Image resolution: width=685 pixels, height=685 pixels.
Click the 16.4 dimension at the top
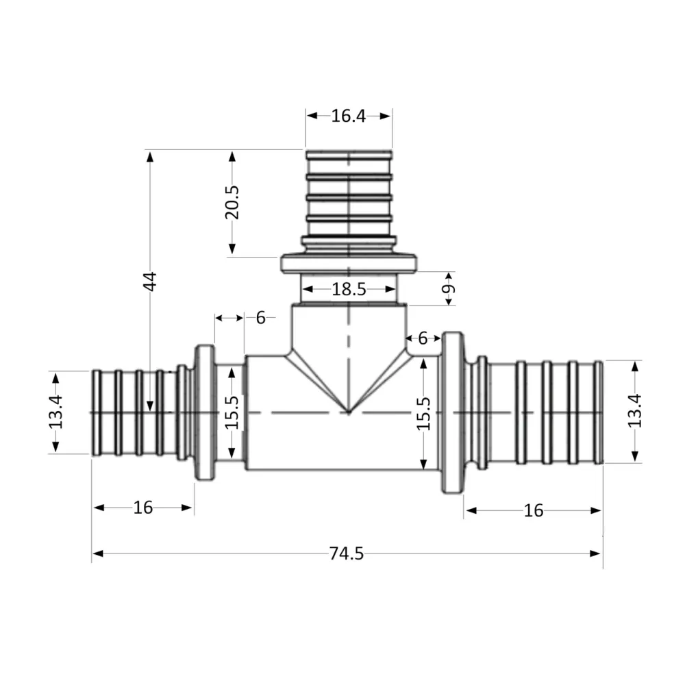click(349, 116)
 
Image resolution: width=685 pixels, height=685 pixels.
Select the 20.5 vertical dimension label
click(232, 201)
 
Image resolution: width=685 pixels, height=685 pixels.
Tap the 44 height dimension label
click(150, 281)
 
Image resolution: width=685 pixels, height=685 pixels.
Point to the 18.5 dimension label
click(349, 290)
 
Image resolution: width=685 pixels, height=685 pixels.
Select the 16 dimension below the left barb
click(143, 508)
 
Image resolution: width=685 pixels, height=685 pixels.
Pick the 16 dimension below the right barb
click(533, 510)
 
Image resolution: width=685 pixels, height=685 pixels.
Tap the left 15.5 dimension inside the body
click(232, 412)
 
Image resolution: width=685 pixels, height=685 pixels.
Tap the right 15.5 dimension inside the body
click(424, 413)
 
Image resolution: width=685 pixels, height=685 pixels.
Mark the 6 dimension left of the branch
click(260, 318)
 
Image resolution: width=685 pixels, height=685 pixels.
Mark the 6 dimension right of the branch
click(423, 338)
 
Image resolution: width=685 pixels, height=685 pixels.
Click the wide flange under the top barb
click(349, 263)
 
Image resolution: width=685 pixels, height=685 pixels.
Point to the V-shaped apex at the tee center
click(349, 412)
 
